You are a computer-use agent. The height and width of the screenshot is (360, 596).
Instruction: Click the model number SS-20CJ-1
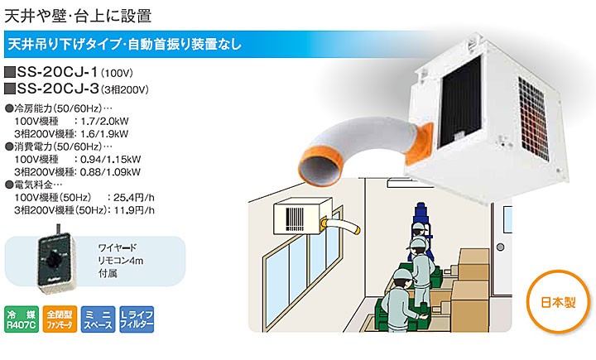tap(57, 72)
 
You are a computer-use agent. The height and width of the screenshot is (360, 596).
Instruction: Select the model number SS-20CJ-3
tap(58, 89)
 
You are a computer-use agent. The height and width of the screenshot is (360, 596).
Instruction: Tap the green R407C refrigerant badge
tap(22, 319)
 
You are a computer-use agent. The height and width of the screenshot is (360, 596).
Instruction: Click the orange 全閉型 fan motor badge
tap(60, 319)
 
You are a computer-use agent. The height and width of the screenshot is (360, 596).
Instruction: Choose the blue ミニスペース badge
tap(98, 319)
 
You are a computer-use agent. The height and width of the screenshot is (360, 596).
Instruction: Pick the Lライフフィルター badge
tap(137, 319)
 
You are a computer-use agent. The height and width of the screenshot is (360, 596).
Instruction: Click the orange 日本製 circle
tap(559, 302)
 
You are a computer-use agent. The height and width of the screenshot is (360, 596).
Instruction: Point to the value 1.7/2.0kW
tap(104, 122)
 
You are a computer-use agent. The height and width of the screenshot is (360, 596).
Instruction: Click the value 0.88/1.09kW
tap(110, 172)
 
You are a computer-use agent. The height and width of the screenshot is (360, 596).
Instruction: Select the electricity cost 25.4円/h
tap(134, 198)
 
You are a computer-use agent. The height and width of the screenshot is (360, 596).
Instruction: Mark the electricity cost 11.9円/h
tap(134, 210)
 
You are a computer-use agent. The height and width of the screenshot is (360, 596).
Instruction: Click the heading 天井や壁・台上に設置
tap(78, 16)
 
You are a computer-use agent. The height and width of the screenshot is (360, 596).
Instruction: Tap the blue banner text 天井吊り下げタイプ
tap(65, 44)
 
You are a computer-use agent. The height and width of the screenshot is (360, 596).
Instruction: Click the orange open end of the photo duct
tap(319, 166)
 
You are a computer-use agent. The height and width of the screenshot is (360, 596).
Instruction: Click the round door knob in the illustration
tap(500, 247)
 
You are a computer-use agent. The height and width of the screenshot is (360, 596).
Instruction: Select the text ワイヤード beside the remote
tap(117, 247)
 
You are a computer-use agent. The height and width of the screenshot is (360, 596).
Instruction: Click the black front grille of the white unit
tap(461, 102)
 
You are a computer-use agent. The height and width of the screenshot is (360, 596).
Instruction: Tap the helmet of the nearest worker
tap(403, 275)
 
